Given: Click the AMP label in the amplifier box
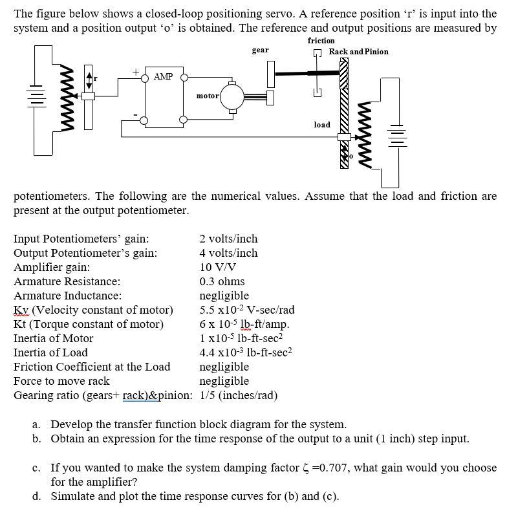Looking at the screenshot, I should (x=164, y=76).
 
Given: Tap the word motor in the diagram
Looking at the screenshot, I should (x=208, y=96).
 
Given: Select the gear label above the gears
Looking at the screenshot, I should (x=260, y=50).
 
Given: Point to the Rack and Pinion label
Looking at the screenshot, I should (x=358, y=51).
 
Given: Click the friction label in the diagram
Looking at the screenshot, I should (x=321, y=40).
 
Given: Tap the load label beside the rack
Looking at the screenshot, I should (x=321, y=125).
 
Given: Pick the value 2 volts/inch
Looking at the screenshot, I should (x=228, y=239).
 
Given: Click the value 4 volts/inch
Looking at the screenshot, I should (x=228, y=253).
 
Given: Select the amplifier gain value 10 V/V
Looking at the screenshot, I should (x=218, y=267).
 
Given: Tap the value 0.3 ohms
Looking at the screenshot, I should (x=222, y=281).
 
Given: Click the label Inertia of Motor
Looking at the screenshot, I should (x=53, y=338).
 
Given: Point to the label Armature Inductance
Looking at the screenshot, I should (x=67, y=296).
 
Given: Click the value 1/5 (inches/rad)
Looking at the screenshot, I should (x=239, y=395).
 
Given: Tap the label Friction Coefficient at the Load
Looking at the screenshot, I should (x=92, y=367).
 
